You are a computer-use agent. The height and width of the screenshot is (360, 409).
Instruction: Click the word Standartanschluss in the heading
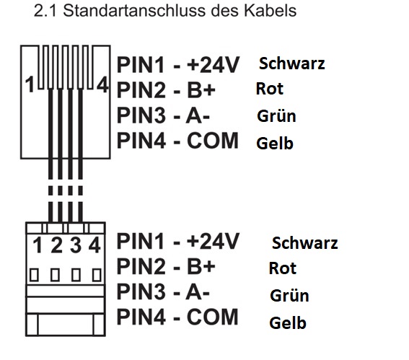point(135,11)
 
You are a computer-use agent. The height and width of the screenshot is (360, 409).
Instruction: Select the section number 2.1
point(45,11)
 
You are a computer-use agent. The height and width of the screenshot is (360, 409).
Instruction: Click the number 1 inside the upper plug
point(30,84)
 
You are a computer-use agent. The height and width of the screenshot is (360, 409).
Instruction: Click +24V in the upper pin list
point(213,64)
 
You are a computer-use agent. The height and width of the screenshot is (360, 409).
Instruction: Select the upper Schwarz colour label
point(292,63)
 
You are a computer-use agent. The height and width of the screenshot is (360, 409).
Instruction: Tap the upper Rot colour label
point(270,89)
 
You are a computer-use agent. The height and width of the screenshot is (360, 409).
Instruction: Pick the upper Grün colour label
point(276,115)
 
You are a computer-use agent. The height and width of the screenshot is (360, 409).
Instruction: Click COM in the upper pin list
point(213,141)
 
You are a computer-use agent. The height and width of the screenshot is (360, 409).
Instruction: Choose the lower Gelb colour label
point(288,322)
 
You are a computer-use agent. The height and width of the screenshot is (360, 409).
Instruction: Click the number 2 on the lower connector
point(56,245)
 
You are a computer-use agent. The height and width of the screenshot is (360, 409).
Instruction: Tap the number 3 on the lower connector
point(76,245)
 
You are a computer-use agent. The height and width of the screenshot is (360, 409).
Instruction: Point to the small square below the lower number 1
point(34,275)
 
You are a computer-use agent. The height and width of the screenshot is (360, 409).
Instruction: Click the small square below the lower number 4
point(97,275)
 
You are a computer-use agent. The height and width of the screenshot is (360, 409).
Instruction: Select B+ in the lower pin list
point(201,266)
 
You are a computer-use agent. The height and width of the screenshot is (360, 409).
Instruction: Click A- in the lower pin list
point(198,291)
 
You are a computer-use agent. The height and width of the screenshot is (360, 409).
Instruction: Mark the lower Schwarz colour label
point(304,243)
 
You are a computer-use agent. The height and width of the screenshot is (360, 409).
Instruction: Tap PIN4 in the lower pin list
point(141,317)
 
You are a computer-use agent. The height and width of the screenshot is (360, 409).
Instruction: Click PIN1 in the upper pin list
point(141,64)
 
